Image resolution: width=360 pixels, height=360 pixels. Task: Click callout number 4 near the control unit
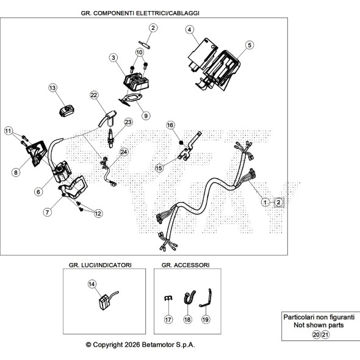[189, 30]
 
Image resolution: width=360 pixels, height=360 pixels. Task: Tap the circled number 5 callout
[250, 45]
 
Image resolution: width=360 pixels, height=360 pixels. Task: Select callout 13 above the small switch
[52, 88]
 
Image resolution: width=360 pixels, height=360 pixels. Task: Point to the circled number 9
[146, 116]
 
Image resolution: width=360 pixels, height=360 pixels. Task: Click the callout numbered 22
[94, 95]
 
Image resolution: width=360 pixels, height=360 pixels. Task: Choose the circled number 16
[170, 125]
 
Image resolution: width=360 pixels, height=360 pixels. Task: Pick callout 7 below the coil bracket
[48, 212]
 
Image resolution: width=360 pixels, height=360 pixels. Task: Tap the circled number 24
[124, 152]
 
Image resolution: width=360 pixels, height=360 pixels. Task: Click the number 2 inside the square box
[279, 203]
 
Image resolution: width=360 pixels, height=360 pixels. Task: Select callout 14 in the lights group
[92, 284]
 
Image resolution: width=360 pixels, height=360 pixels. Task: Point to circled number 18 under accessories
[187, 319]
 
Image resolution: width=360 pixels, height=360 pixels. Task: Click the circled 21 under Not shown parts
[325, 335]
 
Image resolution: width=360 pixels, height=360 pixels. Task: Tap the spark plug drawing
[111, 139]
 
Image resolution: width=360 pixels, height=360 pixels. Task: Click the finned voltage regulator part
[136, 82]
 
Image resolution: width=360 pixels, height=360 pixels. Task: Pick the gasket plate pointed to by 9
[131, 99]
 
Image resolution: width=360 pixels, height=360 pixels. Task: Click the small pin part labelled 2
[145, 45]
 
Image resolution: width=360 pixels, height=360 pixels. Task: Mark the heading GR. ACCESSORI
[185, 265]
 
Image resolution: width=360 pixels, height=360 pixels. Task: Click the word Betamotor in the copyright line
[158, 345]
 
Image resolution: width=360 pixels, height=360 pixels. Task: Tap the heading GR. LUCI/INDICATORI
[100, 265]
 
